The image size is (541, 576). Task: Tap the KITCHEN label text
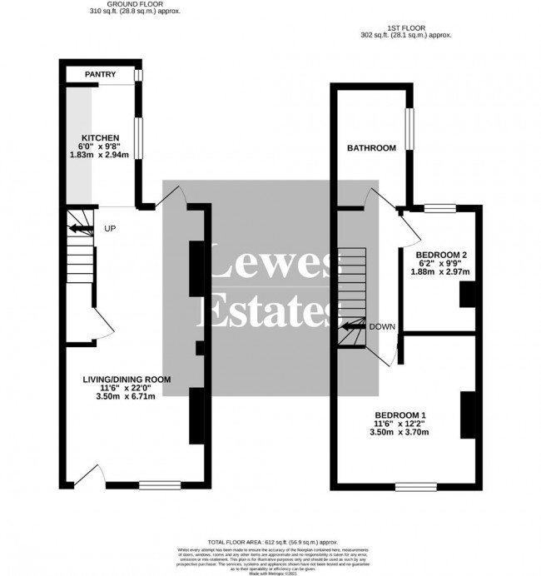pos(100,137)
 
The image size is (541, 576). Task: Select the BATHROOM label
pos(371,148)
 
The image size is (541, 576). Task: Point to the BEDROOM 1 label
pos(400,415)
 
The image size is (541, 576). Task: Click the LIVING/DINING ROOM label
pos(126,379)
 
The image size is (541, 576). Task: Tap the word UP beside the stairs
pos(110,228)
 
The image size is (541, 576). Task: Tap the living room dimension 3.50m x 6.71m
pos(127,397)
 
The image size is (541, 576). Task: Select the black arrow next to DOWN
pos(354,327)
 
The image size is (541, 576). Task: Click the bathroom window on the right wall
pos(409,127)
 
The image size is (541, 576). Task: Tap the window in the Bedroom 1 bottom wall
pos(412,486)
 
